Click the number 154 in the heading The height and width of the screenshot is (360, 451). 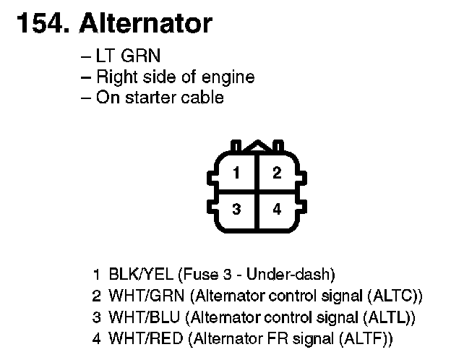[39, 24]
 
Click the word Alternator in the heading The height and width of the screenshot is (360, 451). [145, 24]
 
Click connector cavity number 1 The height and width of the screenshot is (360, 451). [236, 173]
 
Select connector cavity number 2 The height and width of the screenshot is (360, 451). [277, 173]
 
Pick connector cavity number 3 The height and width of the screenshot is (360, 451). [236, 210]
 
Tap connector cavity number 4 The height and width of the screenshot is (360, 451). [277, 210]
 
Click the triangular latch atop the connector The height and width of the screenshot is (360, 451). [255, 147]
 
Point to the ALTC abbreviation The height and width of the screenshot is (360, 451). [395, 296]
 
